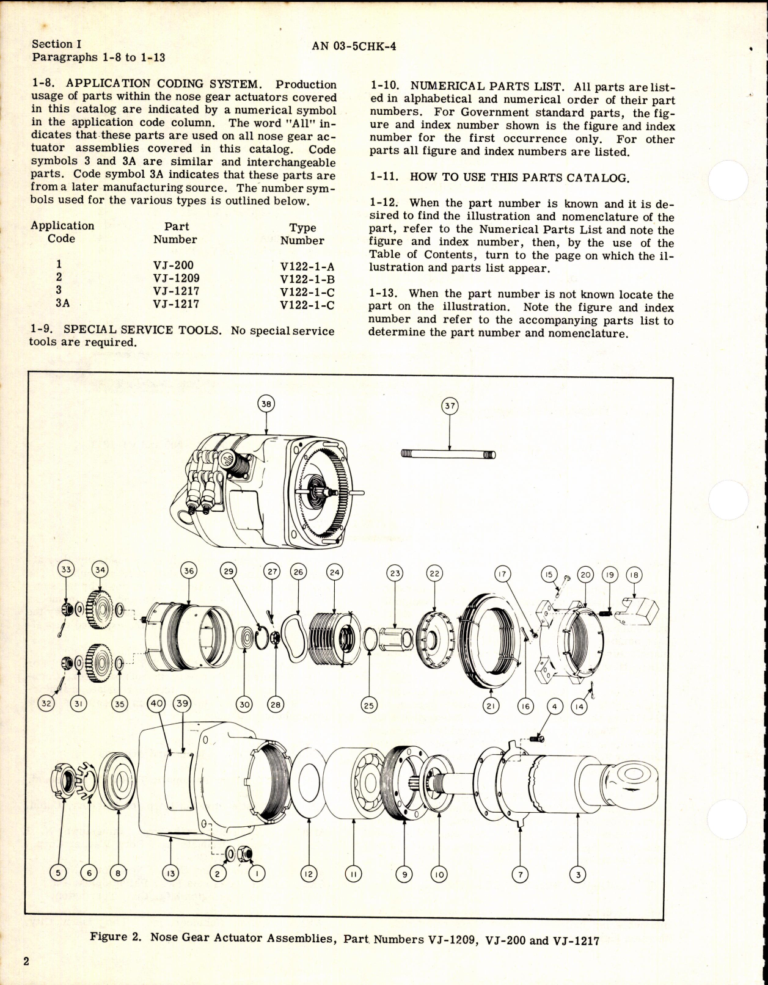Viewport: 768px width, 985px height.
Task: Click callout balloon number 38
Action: coord(266,404)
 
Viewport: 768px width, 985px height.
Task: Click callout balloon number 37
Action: coord(450,406)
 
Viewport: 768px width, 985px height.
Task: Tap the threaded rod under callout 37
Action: coord(448,454)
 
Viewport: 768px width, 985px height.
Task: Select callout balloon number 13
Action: coord(170,874)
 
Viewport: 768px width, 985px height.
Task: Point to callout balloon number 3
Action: coord(577,874)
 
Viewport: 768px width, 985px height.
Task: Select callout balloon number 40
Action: coord(157,703)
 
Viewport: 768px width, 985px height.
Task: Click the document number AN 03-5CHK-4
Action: coord(353,46)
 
